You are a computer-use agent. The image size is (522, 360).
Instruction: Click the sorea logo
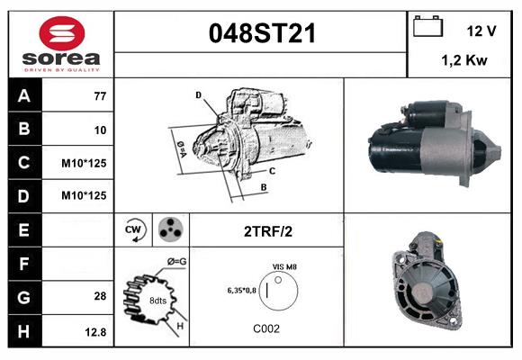pos(61,43)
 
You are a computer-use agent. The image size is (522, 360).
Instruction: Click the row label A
pos(23,95)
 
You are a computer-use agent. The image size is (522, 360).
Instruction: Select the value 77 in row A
pos(100,96)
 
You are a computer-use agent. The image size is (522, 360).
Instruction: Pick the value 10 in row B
pos(100,130)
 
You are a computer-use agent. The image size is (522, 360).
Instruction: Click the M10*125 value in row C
pos(85,163)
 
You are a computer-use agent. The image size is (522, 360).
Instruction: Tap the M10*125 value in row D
pos(85,195)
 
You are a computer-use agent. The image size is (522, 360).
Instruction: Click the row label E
pos(23,229)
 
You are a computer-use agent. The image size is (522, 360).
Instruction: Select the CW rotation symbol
pos(134,229)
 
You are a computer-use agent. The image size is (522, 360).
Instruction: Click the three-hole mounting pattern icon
pos(169,229)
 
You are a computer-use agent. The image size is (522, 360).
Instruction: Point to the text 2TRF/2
pos(267,231)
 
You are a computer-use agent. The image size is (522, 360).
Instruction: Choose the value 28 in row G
pos(100,296)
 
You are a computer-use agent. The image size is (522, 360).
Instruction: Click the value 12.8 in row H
pos(96,332)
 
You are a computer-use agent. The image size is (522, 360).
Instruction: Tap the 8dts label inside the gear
pos(158,300)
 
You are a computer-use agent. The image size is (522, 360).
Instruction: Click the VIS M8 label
pos(285,266)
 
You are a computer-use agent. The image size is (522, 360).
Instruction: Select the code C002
pos(267,328)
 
